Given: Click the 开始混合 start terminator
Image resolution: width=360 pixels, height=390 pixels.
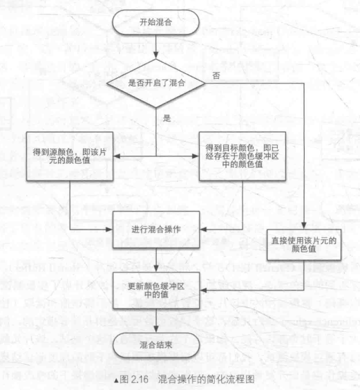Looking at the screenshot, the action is [155, 22].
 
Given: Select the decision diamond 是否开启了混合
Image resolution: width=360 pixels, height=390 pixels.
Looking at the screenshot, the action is [156, 83].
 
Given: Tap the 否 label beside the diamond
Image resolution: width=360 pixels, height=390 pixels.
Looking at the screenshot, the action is [216, 75].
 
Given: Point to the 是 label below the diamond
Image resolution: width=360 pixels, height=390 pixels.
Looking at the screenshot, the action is [167, 118].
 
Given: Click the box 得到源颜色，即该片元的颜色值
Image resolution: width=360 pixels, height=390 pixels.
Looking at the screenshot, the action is [70, 156].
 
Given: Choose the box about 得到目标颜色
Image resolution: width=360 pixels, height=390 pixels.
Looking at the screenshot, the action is [243, 156].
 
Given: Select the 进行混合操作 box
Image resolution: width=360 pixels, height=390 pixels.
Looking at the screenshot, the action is [156, 230].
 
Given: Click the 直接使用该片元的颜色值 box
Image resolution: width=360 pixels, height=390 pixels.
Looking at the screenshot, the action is [304, 245].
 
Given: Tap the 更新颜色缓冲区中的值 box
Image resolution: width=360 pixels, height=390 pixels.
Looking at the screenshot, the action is [156, 290].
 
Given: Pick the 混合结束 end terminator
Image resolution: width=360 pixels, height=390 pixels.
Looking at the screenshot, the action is [156, 345].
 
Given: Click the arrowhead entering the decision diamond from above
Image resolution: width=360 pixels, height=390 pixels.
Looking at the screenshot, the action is [156, 55].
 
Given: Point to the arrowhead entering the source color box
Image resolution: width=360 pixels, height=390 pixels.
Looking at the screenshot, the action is [117, 156].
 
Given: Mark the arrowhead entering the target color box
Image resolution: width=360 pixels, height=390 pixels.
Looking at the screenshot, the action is [196, 156].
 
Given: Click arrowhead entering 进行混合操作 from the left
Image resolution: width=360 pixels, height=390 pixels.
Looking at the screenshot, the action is [109, 230].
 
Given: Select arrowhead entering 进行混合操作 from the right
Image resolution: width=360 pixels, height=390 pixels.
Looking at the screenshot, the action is [203, 230].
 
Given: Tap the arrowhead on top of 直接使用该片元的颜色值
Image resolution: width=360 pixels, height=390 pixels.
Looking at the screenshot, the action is [304, 225].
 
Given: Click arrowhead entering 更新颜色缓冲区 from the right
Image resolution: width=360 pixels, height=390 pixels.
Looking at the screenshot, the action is [203, 290].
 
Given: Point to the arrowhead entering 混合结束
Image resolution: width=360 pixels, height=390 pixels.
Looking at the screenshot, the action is [156, 329].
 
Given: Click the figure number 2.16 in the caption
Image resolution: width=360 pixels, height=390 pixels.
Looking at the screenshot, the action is [140, 380].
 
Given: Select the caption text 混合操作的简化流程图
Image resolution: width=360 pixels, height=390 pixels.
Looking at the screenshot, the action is [206, 380].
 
